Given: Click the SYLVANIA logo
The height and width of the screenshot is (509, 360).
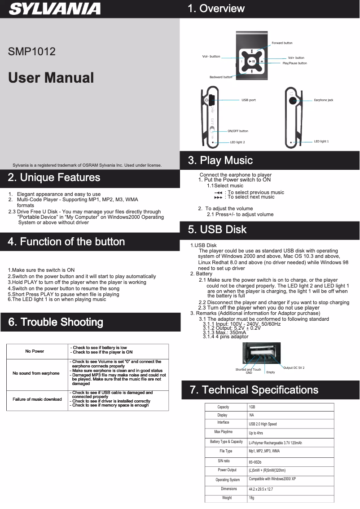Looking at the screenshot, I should [x=55, y=9].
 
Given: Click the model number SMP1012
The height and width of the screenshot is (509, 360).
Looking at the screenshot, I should [x=32, y=52].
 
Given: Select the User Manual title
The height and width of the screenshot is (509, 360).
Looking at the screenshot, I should [x=51, y=78].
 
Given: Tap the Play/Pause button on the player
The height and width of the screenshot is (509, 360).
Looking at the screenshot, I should [x=252, y=62].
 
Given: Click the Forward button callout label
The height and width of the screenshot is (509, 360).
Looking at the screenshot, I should [x=282, y=43].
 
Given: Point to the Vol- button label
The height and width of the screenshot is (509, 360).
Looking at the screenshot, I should [x=211, y=57].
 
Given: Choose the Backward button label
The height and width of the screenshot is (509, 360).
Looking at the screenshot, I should [x=221, y=77].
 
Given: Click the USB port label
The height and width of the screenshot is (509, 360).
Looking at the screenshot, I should [x=248, y=100].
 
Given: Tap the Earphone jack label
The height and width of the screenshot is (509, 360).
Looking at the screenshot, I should [x=323, y=100].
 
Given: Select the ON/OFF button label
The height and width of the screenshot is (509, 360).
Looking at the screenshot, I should [x=237, y=131].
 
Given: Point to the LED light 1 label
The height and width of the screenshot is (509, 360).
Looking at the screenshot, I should [x=321, y=142].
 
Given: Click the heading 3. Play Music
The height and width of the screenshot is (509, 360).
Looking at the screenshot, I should [x=220, y=160].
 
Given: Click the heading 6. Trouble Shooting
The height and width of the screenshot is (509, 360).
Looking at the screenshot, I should [x=55, y=322].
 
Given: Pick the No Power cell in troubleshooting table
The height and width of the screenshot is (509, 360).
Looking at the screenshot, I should [x=35, y=351].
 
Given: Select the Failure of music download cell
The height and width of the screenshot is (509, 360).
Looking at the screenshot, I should [x=37, y=399].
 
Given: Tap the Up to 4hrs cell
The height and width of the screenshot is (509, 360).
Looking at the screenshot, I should [x=256, y=434].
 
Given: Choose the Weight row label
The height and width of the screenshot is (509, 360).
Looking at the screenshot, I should [x=227, y=498].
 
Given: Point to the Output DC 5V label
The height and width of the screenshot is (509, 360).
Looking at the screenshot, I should [x=294, y=368].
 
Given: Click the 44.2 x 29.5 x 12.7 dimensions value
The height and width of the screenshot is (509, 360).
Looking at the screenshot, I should [x=261, y=489].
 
